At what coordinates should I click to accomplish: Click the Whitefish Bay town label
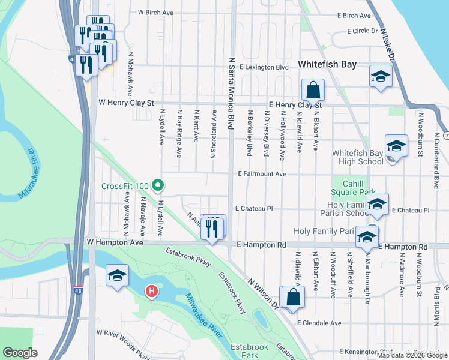point(327,64)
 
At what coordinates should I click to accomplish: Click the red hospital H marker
point(152,292)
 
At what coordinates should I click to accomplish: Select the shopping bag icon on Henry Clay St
point(313,91)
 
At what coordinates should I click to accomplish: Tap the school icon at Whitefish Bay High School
point(396,146)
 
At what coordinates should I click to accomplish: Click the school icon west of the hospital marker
point(118,275)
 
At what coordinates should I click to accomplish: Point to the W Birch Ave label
point(155,12)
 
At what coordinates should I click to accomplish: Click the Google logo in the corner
point(20,353)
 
